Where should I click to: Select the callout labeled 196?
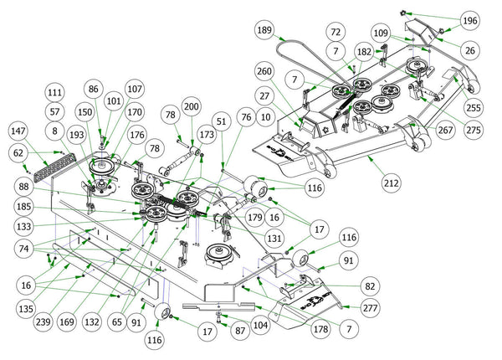point(469,20)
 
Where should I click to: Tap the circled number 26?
point(469,51)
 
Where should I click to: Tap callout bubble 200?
point(191,108)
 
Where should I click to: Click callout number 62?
point(18,152)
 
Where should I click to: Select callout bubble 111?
point(55,92)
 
